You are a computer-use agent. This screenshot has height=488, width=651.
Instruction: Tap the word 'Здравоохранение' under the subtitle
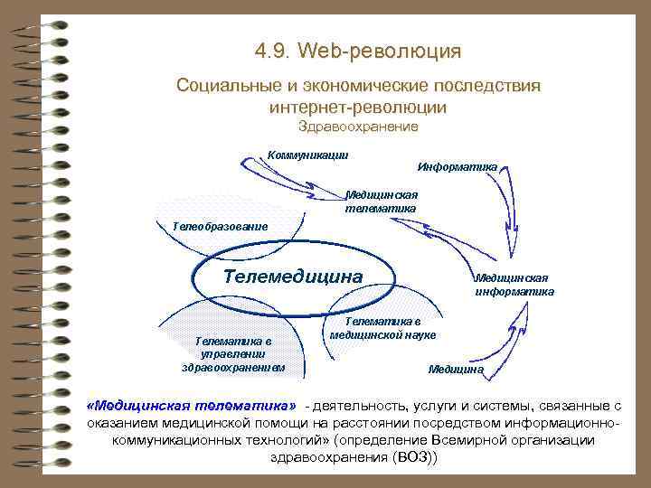pos(358,127)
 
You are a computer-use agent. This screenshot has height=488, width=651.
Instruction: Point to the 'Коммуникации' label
pos(308,154)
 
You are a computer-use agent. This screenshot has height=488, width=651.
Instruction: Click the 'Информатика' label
pos(457,167)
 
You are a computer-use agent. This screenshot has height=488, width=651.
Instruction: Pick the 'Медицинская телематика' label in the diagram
pos(381,202)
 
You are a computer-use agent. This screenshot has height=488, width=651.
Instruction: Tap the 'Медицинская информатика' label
pos(514,285)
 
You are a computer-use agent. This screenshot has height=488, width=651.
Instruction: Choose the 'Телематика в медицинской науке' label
pos(382,328)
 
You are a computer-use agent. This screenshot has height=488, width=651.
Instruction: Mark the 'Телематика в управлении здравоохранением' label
pos(233,354)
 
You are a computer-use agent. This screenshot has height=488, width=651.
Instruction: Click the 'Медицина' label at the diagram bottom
pos(456,370)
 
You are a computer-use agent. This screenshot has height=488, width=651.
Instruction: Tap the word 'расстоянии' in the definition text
pos(353,422)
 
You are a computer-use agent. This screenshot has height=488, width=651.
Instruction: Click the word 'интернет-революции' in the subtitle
pos(358,107)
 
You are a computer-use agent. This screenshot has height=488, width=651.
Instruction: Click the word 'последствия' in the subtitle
pos(488,87)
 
